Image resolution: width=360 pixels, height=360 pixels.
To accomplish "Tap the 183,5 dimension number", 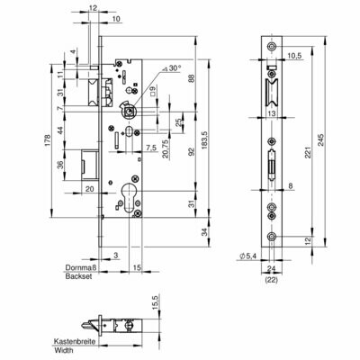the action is [205, 140].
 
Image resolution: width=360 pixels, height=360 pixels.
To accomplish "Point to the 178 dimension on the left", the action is [48, 140].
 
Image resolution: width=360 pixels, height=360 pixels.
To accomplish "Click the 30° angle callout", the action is [172, 68].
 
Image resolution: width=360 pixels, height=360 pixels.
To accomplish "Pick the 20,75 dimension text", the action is [165, 149].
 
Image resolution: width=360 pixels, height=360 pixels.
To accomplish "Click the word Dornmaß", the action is [78, 267].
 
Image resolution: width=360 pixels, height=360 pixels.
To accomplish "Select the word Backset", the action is [78, 276].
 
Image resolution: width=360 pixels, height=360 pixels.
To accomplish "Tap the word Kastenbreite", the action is [75, 341].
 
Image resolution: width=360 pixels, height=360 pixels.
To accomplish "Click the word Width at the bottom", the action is [64, 350].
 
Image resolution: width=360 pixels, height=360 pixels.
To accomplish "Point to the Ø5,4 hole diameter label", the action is [247, 256].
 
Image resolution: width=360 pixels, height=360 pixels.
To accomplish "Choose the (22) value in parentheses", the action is [272, 280].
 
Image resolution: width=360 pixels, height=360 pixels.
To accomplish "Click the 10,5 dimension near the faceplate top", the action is [294, 55].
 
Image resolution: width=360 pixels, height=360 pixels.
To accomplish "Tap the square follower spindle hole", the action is [129, 112].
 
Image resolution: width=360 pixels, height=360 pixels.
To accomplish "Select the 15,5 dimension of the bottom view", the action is [156, 304].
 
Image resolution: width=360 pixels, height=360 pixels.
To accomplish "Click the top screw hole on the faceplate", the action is [272, 47].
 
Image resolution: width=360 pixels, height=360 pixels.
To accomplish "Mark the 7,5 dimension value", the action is [151, 148].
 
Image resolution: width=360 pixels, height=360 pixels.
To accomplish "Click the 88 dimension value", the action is [193, 78].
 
